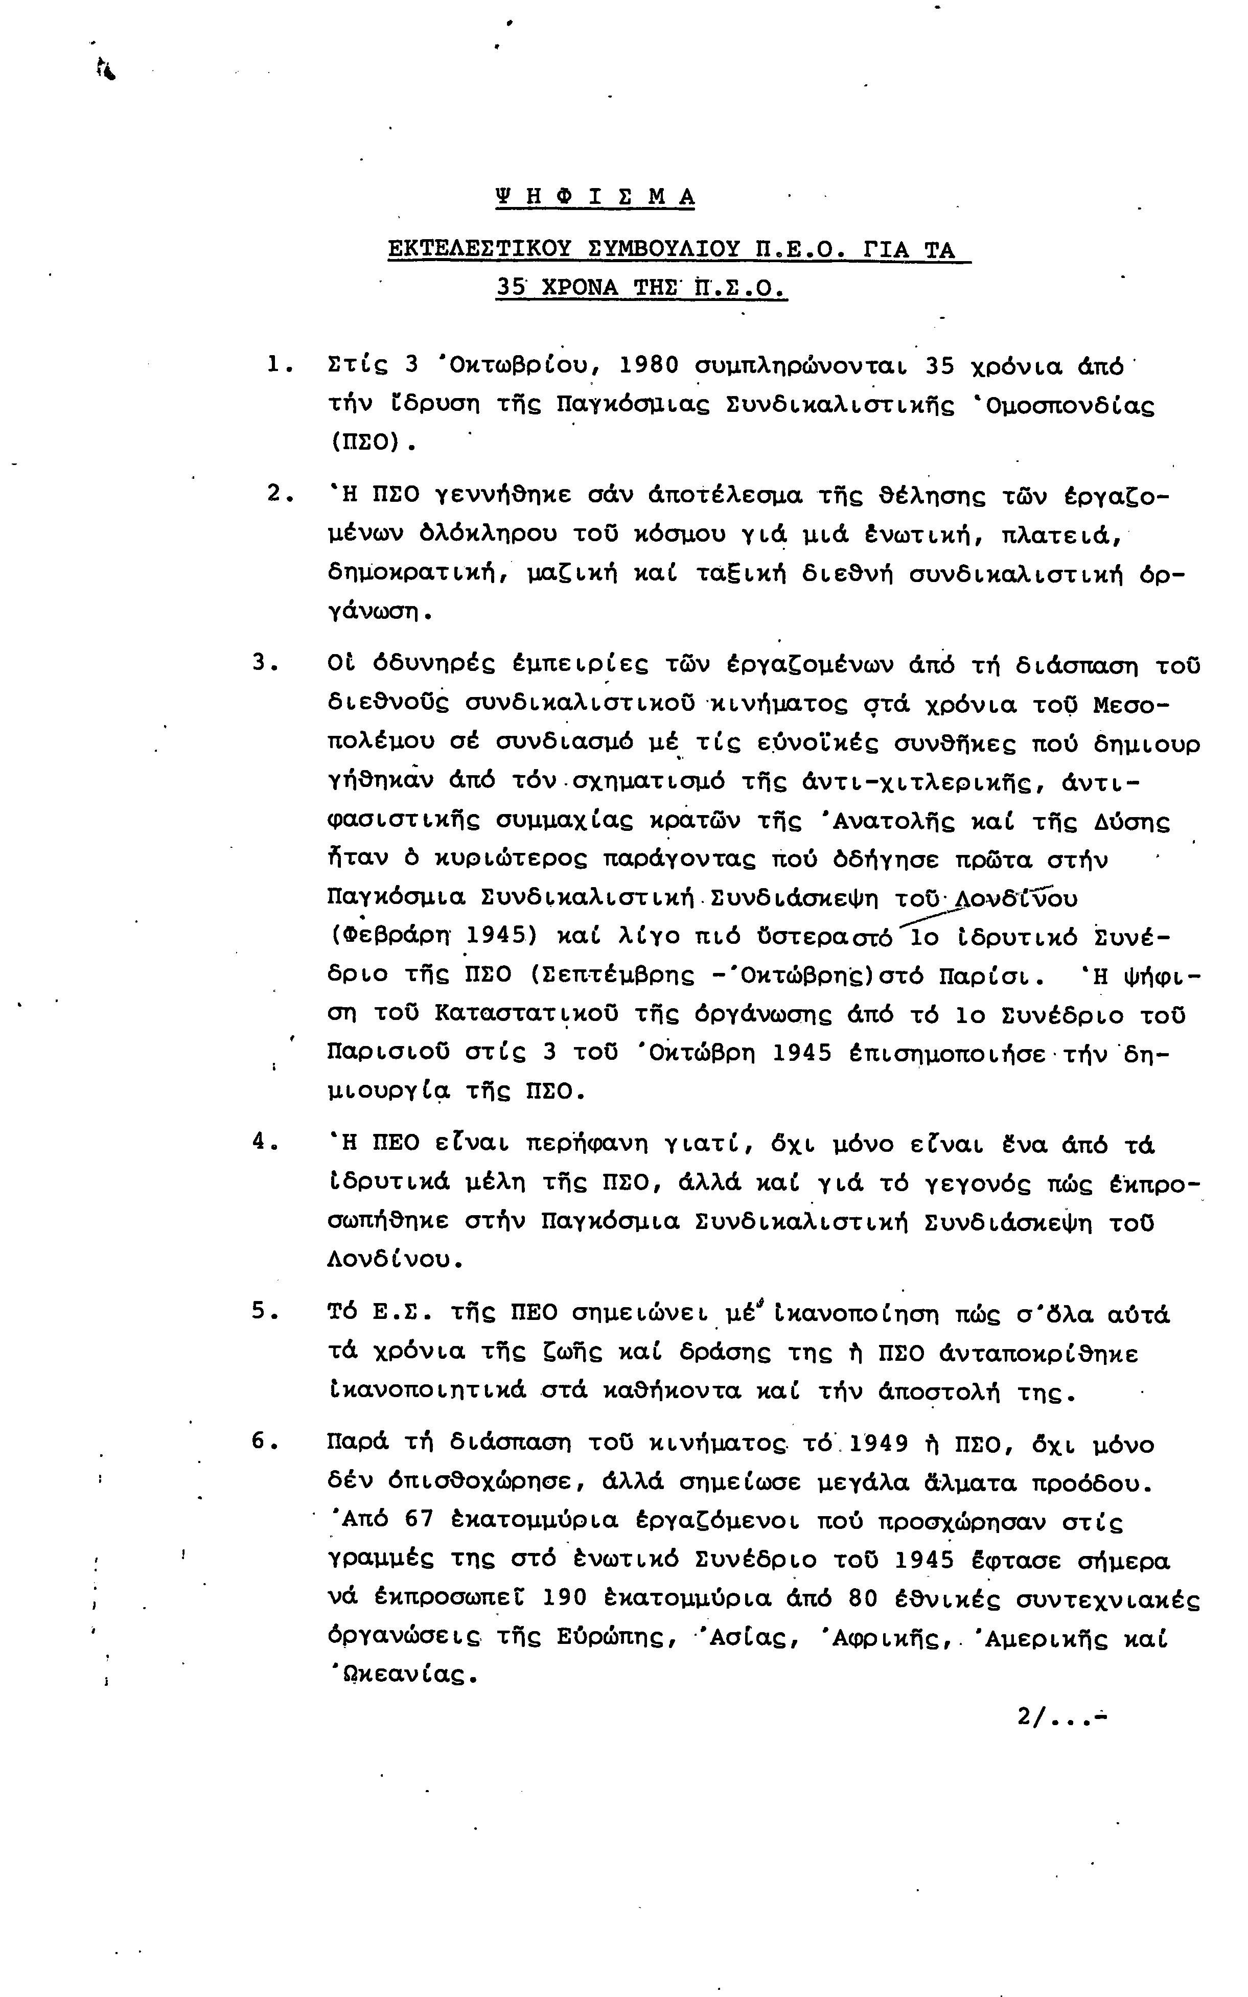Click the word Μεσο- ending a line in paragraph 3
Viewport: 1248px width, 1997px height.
click(x=1131, y=706)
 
